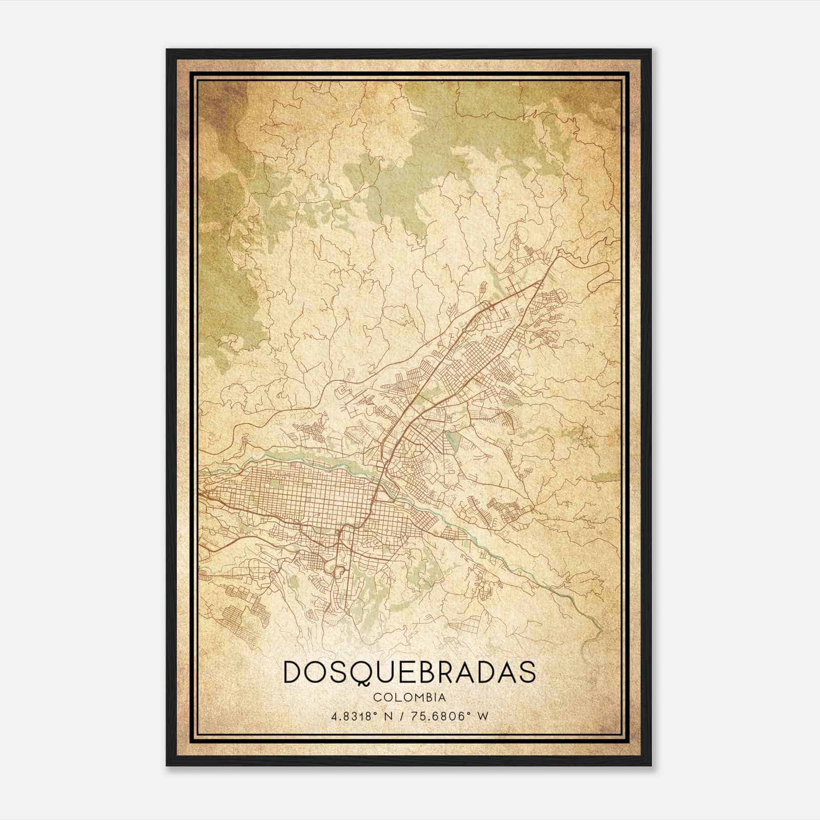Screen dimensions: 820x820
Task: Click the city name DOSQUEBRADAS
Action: (409, 672)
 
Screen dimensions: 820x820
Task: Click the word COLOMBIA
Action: (409, 698)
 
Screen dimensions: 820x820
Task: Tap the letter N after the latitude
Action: (393, 716)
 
